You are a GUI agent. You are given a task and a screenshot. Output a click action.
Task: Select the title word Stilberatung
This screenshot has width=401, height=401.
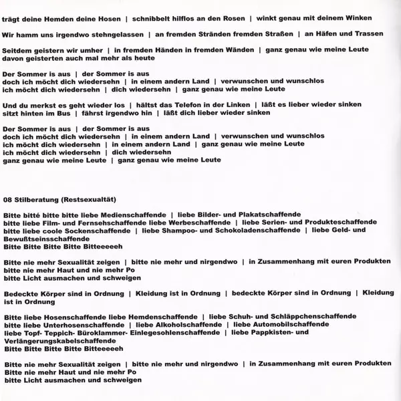[39, 198]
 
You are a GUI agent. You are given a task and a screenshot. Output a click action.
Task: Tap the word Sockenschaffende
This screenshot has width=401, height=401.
[93, 230]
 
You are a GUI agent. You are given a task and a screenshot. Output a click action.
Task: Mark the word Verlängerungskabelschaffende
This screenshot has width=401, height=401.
[61, 340]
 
